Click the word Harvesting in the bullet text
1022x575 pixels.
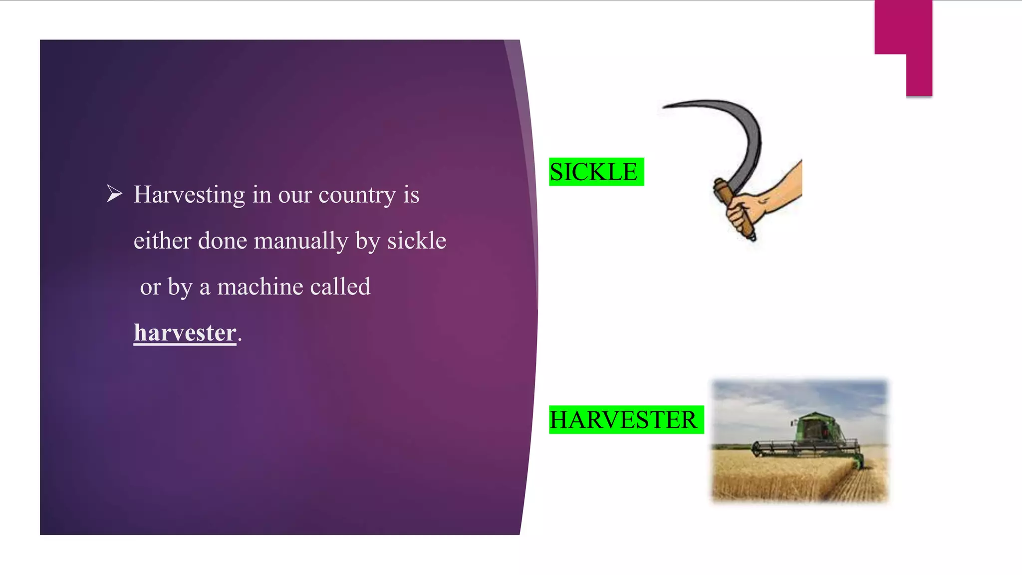(189, 195)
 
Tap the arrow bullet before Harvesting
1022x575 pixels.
(114, 194)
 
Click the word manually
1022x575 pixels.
(300, 241)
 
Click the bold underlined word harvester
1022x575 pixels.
(185, 333)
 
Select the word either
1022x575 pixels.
(162, 241)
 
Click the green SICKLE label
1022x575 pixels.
(596, 172)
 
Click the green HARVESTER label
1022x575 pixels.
(626, 420)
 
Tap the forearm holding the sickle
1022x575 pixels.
(783, 185)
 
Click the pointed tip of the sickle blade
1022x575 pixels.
(665, 107)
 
